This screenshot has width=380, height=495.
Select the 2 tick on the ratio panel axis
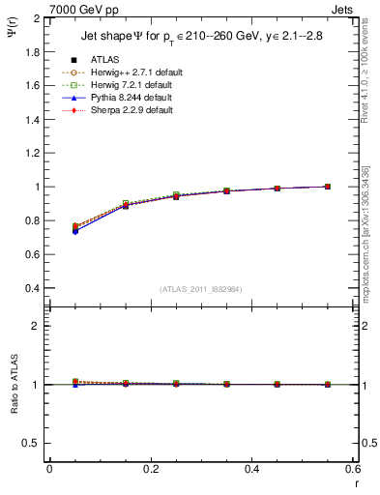click(x=36, y=326)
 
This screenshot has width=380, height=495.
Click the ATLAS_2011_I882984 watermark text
click(x=200, y=288)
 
